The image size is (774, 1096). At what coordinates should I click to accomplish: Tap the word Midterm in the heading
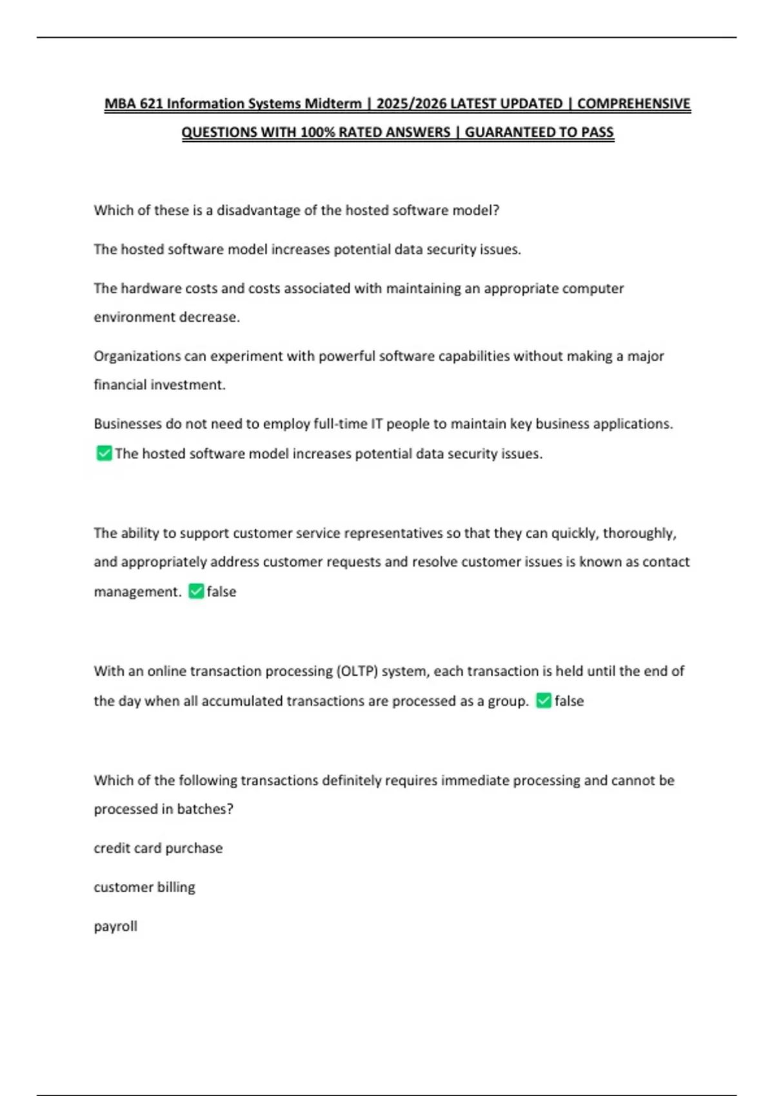click(333, 104)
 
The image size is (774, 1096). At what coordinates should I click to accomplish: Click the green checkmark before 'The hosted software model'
click(104, 453)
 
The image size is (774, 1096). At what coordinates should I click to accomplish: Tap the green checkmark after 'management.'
click(196, 591)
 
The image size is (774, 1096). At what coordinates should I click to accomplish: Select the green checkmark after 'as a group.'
click(544, 701)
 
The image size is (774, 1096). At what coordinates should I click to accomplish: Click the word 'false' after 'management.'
click(221, 592)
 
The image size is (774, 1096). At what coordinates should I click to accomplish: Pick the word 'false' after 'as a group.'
click(569, 701)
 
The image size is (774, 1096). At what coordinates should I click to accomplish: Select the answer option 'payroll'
click(115, 926)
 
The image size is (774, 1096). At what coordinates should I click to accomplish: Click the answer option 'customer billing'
click(144, 887)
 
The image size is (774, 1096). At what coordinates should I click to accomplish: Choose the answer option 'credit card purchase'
click(158, 848)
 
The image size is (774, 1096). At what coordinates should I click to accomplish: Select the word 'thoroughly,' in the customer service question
click(639, 533)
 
